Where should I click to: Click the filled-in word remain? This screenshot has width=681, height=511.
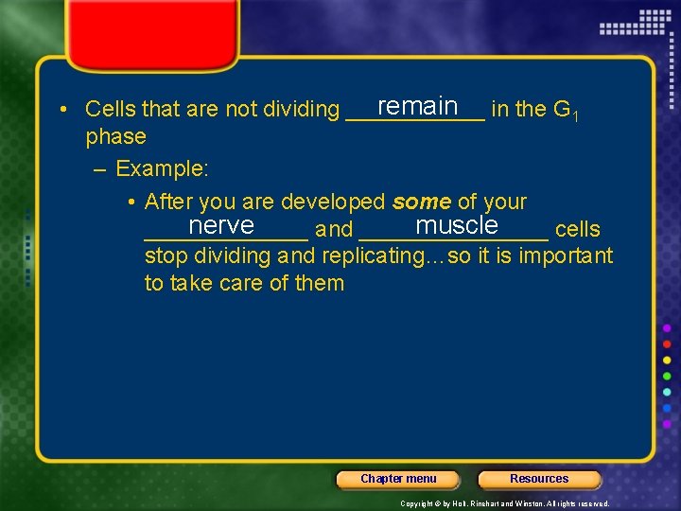point(417,106)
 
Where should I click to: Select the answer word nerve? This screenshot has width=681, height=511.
point(221,226)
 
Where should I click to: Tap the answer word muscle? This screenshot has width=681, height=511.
point(456,226)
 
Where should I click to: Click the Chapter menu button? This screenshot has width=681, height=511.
point(398,479)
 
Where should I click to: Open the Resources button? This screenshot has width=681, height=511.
point(539,479)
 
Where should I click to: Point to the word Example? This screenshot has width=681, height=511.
point(162,169)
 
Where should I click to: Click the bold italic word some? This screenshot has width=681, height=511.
point(421,202)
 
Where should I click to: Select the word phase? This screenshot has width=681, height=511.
point(115,137)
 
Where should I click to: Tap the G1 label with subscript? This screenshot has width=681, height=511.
point(564,111)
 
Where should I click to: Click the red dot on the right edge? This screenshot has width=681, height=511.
point(668,344)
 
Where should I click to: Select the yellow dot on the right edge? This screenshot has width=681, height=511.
point(668,360)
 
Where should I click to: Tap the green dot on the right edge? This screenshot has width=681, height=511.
point(668,376)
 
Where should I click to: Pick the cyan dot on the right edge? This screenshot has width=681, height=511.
point(668,392)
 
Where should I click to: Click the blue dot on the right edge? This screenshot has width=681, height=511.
point(668,409)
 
